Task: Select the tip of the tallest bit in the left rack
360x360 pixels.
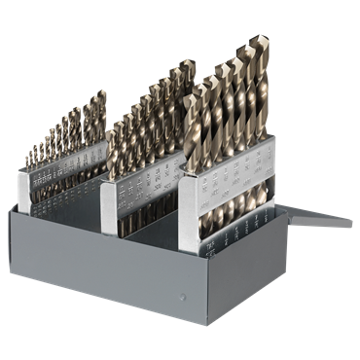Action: coord(102,92)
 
